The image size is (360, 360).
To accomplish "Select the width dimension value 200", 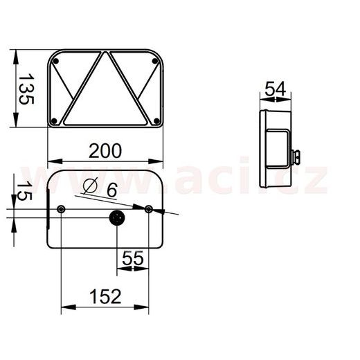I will coord(105,150).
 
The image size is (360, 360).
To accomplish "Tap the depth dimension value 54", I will coord(276,89).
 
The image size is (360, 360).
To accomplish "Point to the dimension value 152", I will coord(106,296).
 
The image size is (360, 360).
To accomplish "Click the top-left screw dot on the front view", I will coord(57,62).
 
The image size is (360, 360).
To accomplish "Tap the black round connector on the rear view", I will coord(116,218).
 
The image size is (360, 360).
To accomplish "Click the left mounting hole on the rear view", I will coord(62,209).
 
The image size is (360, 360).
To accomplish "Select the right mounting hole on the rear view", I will coord(150,208).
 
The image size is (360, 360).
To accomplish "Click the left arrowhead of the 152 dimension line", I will coord(64,308).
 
